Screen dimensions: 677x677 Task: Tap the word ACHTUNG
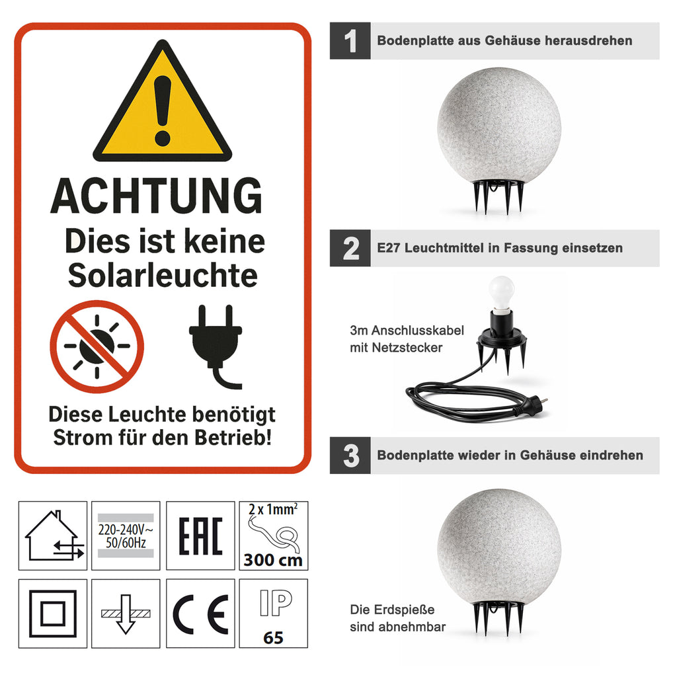156,196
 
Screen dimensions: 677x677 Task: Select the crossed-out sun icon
97,346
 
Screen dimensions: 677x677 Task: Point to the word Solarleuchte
163,276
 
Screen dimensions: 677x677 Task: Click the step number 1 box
350,41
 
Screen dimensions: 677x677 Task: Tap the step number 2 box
350,249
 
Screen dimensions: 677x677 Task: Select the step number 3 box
350,456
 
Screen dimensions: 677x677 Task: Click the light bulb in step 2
501,293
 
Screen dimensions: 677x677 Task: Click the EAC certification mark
201,536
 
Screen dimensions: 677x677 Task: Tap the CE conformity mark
201,614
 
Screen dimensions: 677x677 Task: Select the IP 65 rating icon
274,614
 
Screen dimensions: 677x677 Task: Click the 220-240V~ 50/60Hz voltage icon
126,536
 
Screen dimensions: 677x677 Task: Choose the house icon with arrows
53,536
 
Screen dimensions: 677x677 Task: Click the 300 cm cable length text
273,560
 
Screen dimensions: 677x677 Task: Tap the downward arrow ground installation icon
126,614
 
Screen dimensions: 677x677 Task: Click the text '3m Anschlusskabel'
407,331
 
